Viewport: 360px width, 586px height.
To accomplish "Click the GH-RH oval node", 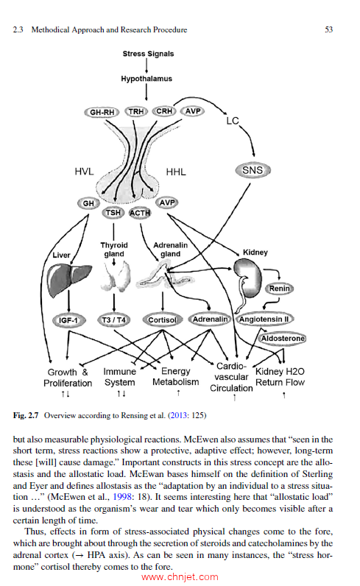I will click(x=102, y=112).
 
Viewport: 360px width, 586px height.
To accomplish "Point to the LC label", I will click(x=233, y=119).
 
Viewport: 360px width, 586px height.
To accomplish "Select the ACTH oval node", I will click(x=140, y=213).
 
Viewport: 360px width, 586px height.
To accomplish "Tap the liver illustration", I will click(x=68, y=280).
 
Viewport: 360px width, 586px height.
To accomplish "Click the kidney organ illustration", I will click(x=248, y=275).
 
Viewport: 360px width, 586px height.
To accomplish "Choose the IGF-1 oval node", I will click(x=69, y=321).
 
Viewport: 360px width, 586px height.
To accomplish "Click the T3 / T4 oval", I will click(x=114, y=321).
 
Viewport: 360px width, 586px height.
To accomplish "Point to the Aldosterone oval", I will click(x=283, y=337).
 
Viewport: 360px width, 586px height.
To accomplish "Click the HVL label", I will click(x=85, y=172).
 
